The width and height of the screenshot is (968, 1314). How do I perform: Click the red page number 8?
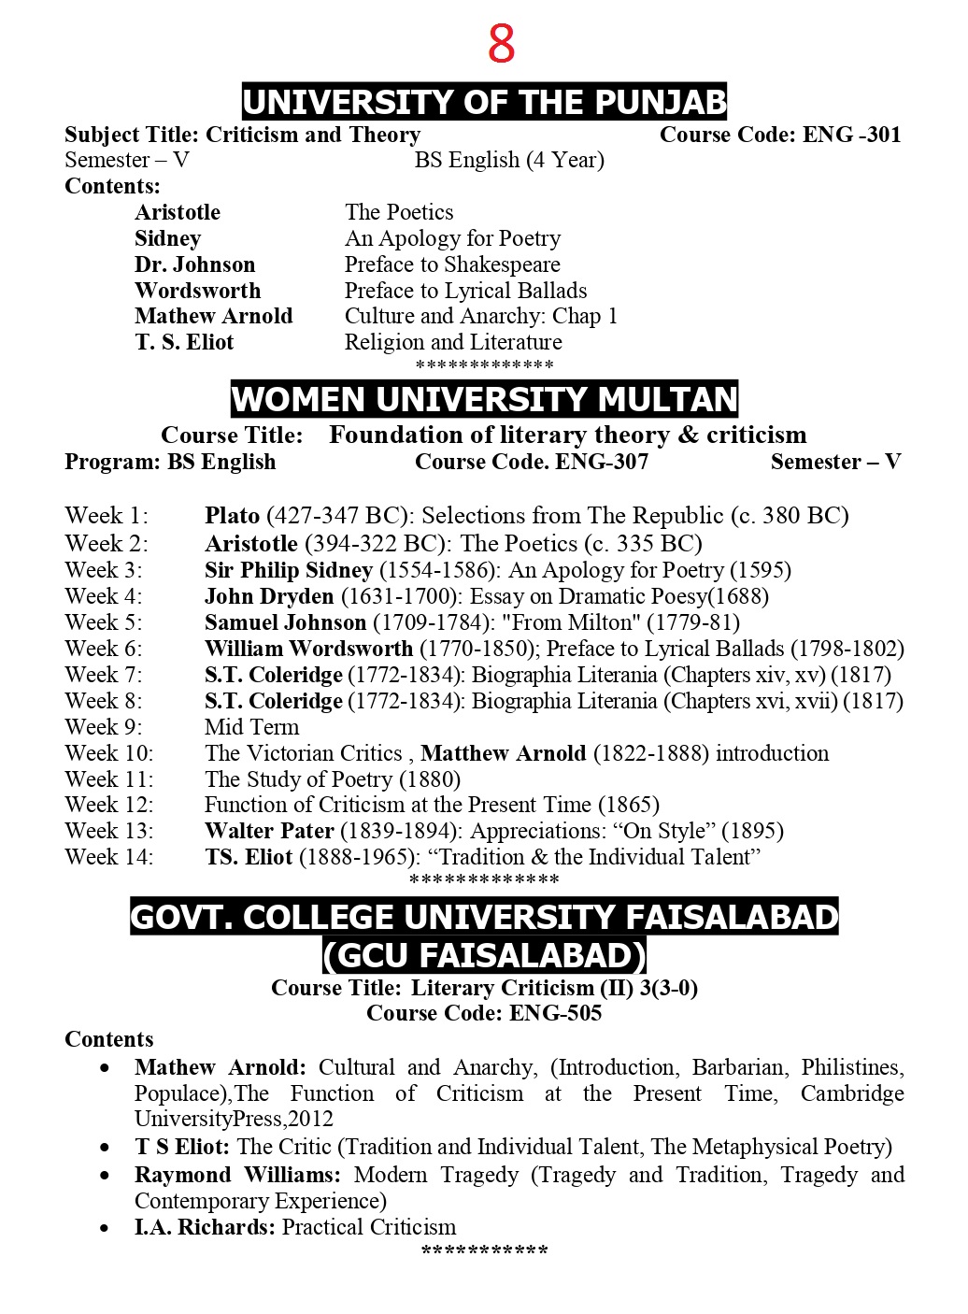tap(501, 44)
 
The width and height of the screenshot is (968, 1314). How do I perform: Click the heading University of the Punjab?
tap(484, 102)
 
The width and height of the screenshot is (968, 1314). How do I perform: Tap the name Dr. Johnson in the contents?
tap(194, 264)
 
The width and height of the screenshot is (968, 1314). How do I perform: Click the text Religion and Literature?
tap(453, 342)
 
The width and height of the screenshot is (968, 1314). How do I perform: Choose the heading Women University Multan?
tap(484, 399)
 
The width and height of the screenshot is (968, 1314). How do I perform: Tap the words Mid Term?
tap(252, 727)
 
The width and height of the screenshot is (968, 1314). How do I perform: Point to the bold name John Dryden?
tap(269, 596)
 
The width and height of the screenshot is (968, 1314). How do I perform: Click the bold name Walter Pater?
tap(269, 831)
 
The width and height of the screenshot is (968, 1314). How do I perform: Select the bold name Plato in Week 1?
tap(232, 516)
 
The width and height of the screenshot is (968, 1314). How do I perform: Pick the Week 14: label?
tap(109, 857)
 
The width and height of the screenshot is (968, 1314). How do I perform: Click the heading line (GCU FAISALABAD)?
tap(484, 955)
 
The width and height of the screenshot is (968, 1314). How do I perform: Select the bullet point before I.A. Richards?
tap(105, 1228)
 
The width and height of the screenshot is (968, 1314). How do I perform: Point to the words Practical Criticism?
tap(369, 1227)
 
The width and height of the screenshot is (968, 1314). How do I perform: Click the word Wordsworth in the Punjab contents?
tap(197, 291)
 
